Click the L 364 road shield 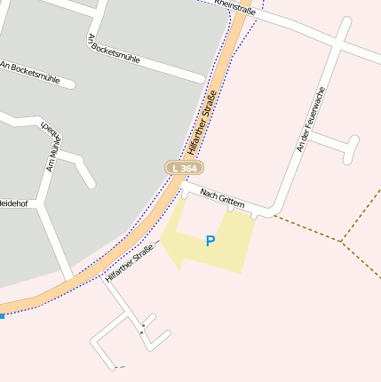pyautogui.click(x=184, y=168)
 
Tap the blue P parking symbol pyautogui.click(x=210, y=241)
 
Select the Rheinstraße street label pyautogui.click(x=234, y=10)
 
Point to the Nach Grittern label pyautogui.click(x=222, y=198)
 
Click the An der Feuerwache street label pyautogui.click(x=312, y=118)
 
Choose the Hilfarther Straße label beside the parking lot pyautogui.click(x=129, y=263)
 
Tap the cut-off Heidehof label pyautogui.click(x=13, y=203)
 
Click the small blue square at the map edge pyautogui.click(x=2, y=314)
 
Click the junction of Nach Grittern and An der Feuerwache pyautogui.click(x=274, y=213)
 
